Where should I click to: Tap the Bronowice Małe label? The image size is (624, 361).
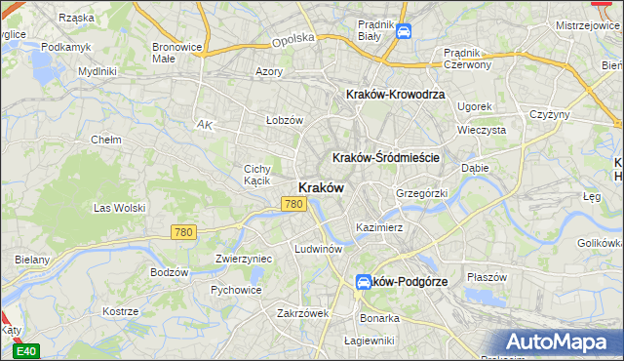(176, 52)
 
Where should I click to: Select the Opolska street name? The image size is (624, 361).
(293, 39)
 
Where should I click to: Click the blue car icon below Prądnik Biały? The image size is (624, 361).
(404, 32)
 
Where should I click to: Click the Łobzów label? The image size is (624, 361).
(286, 120)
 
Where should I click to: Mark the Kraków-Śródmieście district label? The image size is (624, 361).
(387, 157)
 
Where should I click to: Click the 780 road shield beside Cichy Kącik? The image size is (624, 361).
(293, 204)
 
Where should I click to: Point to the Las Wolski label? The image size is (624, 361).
(118, 208)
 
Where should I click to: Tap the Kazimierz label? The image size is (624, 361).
(379, 227)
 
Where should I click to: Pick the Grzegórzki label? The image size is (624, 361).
(421, 193)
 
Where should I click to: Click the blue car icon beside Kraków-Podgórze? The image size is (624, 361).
(363, 282)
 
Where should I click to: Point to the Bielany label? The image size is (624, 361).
(32, 260)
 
